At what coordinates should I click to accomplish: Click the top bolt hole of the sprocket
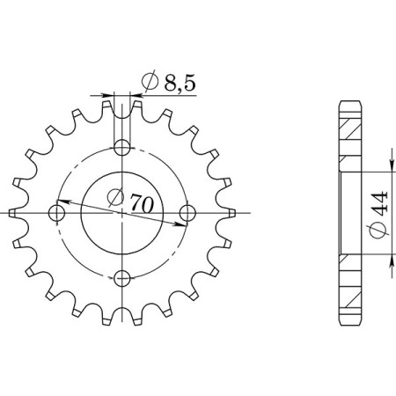click(123, 146)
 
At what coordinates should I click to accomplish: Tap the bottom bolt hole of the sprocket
click(123, 279)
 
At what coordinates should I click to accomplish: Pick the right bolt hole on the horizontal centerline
click(187, 212)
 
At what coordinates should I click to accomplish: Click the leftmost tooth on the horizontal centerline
click(12, 212)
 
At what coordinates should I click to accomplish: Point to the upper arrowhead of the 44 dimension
click(390, 171)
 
